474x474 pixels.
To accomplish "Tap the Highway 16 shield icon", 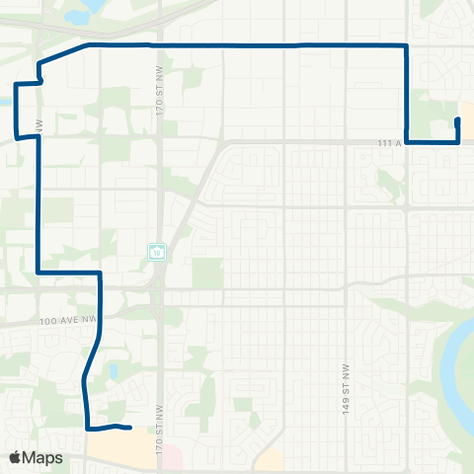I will (x=157, y=252).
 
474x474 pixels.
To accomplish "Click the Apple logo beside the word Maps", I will (x=16, y=457).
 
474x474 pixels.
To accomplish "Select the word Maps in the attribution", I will (x=43, y=458).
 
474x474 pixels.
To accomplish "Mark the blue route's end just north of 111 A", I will (x=456, y=120).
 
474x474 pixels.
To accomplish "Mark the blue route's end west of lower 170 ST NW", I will (x=130, y=428).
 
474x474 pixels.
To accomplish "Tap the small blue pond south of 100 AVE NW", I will (x=116, y=373).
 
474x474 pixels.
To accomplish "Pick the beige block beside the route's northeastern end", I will (x=466, y=118).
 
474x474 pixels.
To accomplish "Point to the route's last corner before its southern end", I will (x=89, y=428).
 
